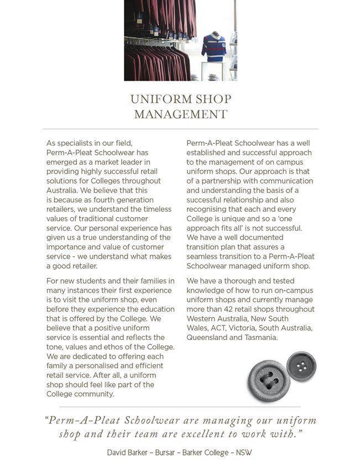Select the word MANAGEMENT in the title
180,114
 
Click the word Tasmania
260,337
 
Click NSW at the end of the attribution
244,453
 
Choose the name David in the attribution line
118,453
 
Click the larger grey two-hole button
269,380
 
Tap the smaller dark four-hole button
301,366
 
